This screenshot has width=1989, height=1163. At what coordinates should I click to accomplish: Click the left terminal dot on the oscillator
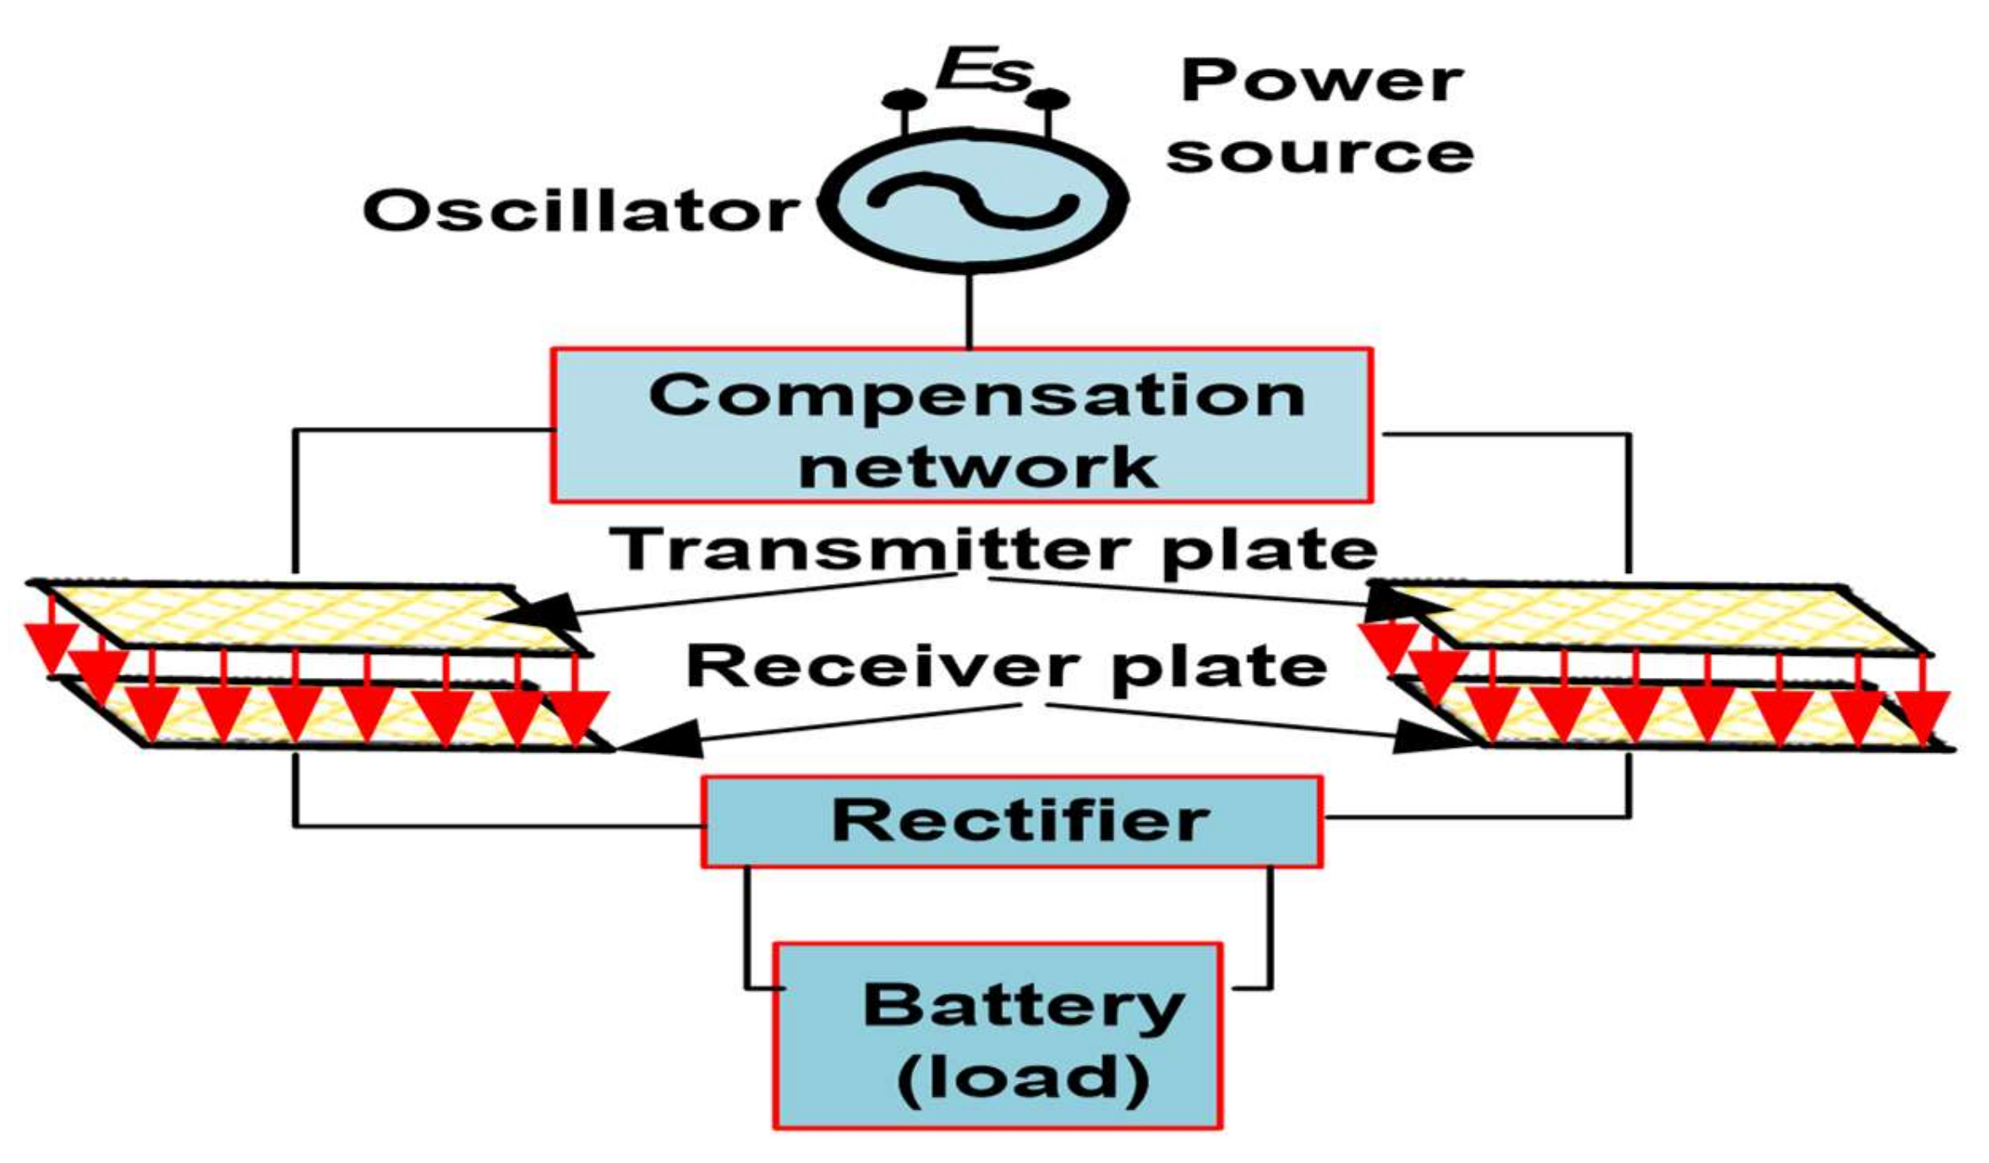pyautogui.click(x=904, y=100)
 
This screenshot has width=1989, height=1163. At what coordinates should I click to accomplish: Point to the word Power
pyautogui.click(x=1321, y=81)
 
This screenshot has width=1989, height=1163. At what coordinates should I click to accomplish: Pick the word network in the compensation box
pyautogui.click(x=977, y=467)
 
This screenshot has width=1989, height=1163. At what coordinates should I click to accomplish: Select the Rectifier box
pyautogui.click(x=1011, y=821)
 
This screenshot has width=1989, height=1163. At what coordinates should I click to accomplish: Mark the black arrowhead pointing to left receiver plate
pyautogui.click(x=664, y=740)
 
